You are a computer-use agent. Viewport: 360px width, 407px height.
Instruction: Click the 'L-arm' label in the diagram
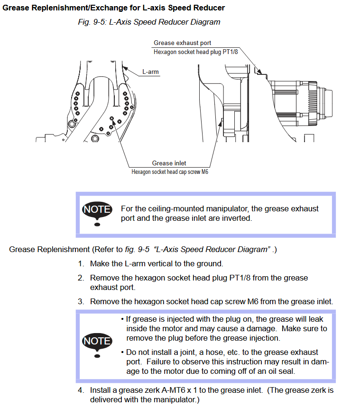click(150, 72)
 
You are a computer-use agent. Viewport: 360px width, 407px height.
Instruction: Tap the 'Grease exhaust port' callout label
click(182, 43)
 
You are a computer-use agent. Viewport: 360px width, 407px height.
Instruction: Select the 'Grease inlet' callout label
click(169, 163)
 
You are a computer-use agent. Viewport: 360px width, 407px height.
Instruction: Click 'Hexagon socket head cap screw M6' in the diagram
click(170, 172)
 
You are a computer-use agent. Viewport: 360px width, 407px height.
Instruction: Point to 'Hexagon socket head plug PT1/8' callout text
click(195, 52)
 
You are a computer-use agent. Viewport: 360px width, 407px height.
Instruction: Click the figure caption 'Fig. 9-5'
click(92, 22)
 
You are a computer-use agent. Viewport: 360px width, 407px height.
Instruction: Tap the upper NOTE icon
click(97, 213)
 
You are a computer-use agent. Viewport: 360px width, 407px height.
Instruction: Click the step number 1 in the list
click(81, 264)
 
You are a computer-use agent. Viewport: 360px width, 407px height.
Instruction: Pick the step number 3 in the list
click(81, 302)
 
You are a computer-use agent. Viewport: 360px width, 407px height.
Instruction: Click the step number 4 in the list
click(81, 390)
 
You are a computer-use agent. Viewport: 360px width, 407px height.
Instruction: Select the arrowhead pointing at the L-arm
click(125, 69)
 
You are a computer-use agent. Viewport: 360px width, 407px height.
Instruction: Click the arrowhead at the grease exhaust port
click(258, 72)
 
